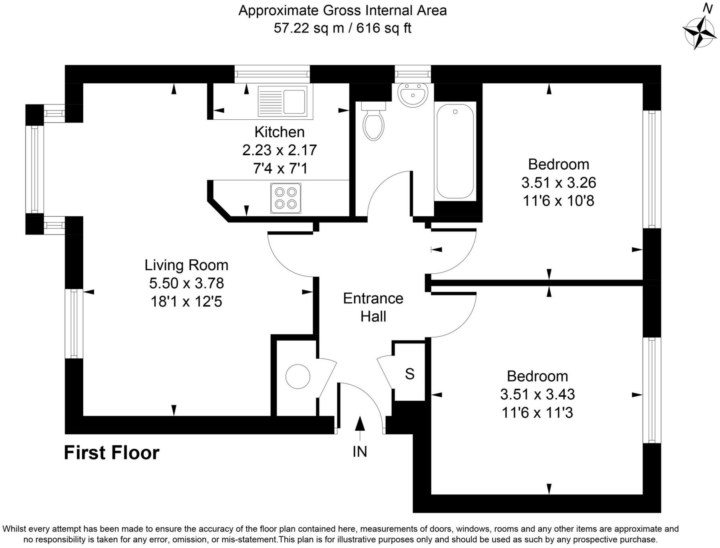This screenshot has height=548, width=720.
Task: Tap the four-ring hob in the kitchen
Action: click(286, 198)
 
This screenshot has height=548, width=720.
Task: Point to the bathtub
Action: click(455, 151)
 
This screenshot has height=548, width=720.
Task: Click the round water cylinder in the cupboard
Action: click(298, 376)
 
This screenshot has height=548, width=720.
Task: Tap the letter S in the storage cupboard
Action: click(409, 374)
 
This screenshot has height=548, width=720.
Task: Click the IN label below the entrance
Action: click(360, 452)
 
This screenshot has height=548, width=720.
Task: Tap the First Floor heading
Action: click(112, 453)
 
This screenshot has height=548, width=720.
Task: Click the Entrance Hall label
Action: click(373, 307)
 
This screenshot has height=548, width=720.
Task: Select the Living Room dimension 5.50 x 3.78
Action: click(186, 283)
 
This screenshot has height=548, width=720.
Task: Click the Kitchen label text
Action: click(280, 132)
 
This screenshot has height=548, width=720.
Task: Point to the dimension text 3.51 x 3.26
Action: click(559, 183)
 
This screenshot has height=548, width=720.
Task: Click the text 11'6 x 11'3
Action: click(537, 412)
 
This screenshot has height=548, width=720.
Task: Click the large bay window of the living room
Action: click(34, 169)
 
